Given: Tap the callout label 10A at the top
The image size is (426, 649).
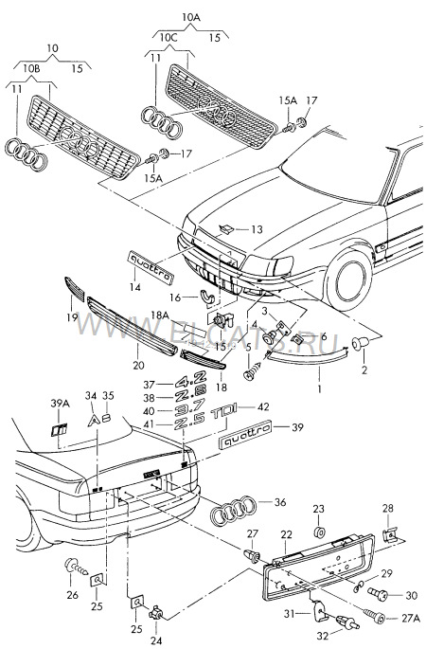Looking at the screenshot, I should [x=190, y=16].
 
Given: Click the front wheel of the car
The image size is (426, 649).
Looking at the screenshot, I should [x=346, y=275].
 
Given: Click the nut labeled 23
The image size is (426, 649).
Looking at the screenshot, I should [x=319, y=532].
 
